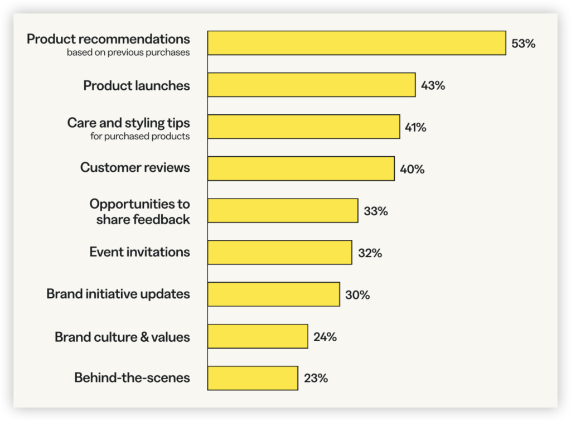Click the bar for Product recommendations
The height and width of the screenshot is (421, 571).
[356, 43]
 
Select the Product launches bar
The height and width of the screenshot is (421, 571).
[311, 85]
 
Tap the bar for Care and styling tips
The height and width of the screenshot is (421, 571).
[304, 127]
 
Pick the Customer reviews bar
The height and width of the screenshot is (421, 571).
[301, 168]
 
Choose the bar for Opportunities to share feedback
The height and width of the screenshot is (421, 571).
[283, 211]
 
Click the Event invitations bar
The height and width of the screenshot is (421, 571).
[280, 253]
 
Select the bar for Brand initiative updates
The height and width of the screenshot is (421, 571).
[273, 294]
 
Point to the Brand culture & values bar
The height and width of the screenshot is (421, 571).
[258, 336]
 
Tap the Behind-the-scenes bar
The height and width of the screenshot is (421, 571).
[253, 378]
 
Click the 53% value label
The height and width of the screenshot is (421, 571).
[523, 43]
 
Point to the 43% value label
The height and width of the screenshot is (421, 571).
[433, 85]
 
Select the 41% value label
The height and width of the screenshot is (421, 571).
[415, 127]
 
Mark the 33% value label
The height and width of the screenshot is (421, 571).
[376, 211]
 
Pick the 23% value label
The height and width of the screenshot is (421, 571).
[316, 378]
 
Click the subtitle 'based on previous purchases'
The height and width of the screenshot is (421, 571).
[128, 52]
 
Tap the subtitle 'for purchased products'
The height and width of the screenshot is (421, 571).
[140, 136]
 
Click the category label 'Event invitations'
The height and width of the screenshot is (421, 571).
[140, 251]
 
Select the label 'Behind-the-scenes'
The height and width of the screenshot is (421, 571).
[132, 378]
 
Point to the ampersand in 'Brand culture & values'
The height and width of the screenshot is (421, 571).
[144, 337]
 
